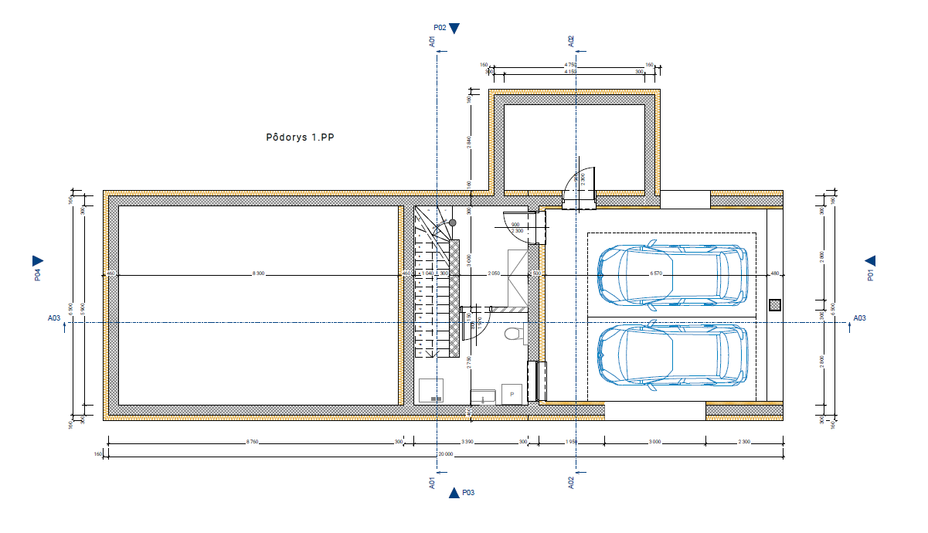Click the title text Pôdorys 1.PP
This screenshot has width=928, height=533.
click(x=301, y=137)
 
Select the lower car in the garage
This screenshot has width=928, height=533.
click(x=672, y=355)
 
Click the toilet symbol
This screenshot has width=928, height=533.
click(x=510, y=334)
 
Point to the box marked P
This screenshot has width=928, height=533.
click(x=512, y=394)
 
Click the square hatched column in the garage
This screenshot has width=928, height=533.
click(x=775, y=305)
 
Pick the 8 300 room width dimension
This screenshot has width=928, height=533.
click(x=258, y=273)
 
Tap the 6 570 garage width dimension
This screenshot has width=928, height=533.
click(x=657, y=273)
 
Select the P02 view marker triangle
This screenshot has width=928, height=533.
click(x=454, y=29)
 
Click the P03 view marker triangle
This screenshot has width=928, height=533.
click(x=454, y=492)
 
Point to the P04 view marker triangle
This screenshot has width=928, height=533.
click(x=37, y=260)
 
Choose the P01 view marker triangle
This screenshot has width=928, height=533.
click(x=870, y=261)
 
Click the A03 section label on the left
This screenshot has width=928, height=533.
click(x=54, y=317)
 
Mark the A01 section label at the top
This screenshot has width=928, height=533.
click(x=432, y=41)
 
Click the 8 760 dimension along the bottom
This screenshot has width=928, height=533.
click(x=252, y=442)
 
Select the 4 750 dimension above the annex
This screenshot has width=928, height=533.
click(x=570, y=65)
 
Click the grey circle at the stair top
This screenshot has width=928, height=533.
click(x=453, y=222)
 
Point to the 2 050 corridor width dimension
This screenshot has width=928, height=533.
click(x=494, y=273)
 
